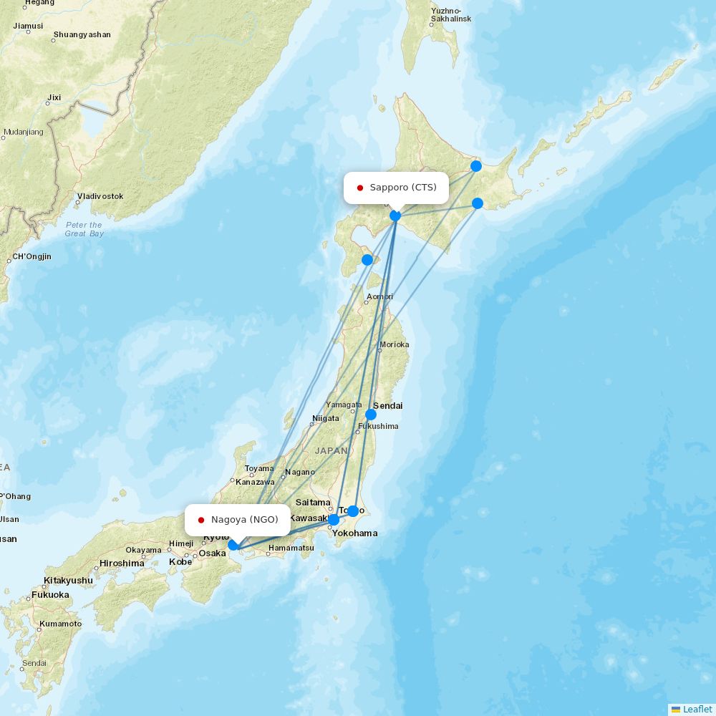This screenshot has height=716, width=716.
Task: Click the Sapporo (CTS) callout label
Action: point(396,188)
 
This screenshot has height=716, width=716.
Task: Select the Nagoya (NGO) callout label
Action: point(237,520)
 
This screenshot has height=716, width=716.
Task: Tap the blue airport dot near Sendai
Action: point(371,415)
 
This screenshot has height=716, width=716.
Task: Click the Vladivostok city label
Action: point(101,196)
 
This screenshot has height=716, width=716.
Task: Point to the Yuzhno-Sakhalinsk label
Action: point(451,15)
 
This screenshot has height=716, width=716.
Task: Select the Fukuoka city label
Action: point(50,595)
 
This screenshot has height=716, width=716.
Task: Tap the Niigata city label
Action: point(325,419)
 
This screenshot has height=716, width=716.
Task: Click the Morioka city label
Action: point(395,344)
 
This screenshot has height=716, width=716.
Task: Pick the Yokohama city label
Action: point(354,533)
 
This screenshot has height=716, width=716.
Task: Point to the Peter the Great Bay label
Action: point(84,229)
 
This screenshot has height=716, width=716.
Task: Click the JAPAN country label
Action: point(331,451)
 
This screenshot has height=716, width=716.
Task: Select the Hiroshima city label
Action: point(122,563)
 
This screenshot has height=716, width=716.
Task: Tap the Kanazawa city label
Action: point(255,482)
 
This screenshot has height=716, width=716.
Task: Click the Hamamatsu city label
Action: point(291,548)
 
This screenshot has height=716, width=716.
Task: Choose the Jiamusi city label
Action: point(28,26)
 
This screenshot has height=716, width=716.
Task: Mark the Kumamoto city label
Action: point(61,624)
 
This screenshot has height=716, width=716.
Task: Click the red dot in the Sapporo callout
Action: point(360,188)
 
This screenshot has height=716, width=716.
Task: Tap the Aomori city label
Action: point(379,296)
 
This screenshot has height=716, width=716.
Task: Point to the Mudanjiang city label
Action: point(23,132)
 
